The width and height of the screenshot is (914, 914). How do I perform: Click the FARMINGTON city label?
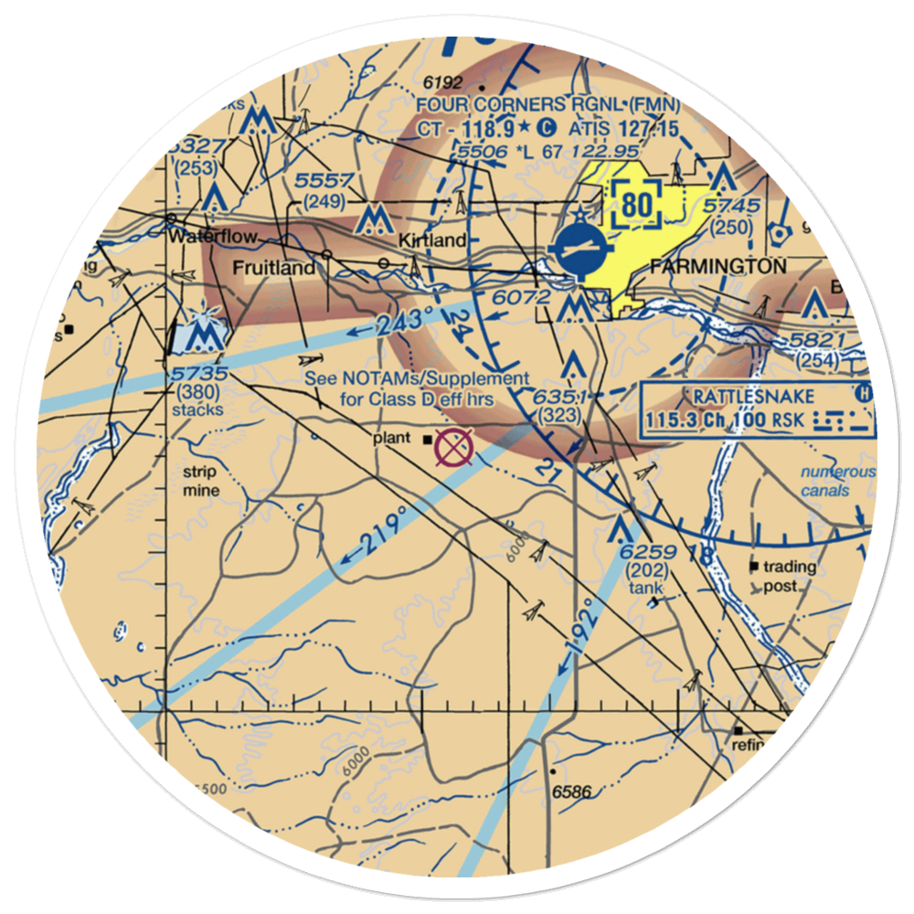(x=717, y=267)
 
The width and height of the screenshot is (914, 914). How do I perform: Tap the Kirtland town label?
(x=432, y=240)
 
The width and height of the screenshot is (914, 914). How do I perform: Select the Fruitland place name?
(x=273, y=269)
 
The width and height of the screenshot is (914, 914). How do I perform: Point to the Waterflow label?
(x=212, y=236)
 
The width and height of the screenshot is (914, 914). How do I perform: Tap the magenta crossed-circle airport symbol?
(x=454, y=447)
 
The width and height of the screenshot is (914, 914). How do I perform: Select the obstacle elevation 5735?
(x=197, y=376)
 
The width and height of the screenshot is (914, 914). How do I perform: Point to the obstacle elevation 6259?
(x=647, y=552)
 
